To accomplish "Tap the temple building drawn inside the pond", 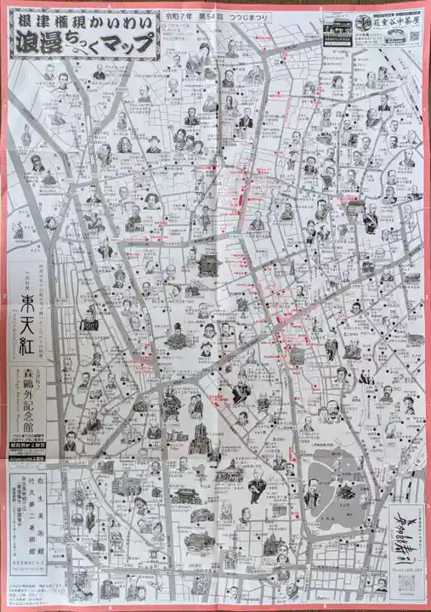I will point(346,491).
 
